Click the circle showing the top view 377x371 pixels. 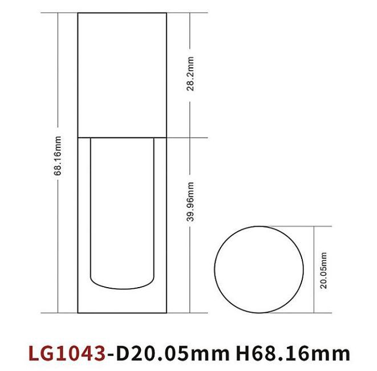tap(258, 269)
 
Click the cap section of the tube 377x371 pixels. tap(122, 74)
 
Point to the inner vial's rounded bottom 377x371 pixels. tap(122, 284)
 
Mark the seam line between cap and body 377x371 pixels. tap(122, 138)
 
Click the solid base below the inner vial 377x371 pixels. tap(122, 299)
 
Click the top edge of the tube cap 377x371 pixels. tap(122, 13)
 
